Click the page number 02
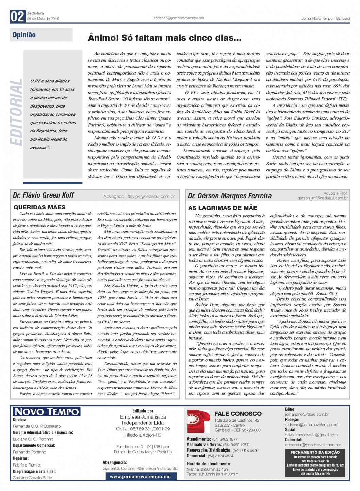point(17,16)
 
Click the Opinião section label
point(24,35)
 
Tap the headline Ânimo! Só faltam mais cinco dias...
point(165,38)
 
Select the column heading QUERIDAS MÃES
point(39,207)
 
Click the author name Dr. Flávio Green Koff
point(43,195)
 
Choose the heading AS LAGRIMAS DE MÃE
point(223,208)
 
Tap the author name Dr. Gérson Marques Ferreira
point(230,196)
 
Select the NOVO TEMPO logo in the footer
point(46,411)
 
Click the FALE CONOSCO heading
point(238,414)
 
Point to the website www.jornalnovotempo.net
point(140,477)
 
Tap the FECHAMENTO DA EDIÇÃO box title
point(315,452)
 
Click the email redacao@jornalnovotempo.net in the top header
point(179,18)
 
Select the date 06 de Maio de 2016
point(43,19)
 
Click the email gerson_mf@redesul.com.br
point(323,198)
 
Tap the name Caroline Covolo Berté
point(33,478)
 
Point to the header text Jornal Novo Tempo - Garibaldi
point(325,18)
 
